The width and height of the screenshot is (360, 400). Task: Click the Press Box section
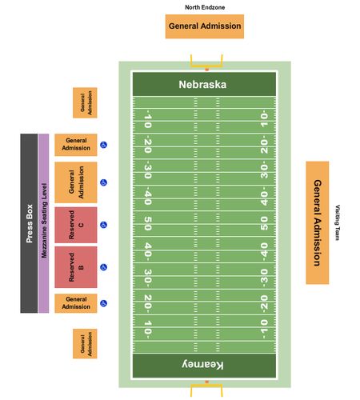29,223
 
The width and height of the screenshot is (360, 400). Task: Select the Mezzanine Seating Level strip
44,223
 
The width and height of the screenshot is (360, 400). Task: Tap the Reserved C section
76,225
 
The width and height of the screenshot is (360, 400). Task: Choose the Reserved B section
76,267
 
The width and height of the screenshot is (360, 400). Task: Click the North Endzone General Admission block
205,26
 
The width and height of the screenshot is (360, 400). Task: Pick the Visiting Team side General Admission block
318,222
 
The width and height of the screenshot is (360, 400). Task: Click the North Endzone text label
205,7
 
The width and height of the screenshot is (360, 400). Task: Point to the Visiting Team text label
338,222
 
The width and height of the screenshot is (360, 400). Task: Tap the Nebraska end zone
204,84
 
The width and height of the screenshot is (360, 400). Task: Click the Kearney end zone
204,366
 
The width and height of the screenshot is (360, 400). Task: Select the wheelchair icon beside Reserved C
103,225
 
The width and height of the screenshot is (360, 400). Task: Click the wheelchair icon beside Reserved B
103,267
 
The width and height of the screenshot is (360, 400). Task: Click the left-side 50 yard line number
148,223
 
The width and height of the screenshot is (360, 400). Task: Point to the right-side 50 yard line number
264,223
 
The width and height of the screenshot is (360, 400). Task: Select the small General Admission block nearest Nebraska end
85,102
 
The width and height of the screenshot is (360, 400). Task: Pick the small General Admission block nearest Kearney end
85,344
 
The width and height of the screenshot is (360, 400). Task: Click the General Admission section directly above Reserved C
76,182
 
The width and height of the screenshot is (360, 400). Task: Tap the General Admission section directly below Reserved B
76,303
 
